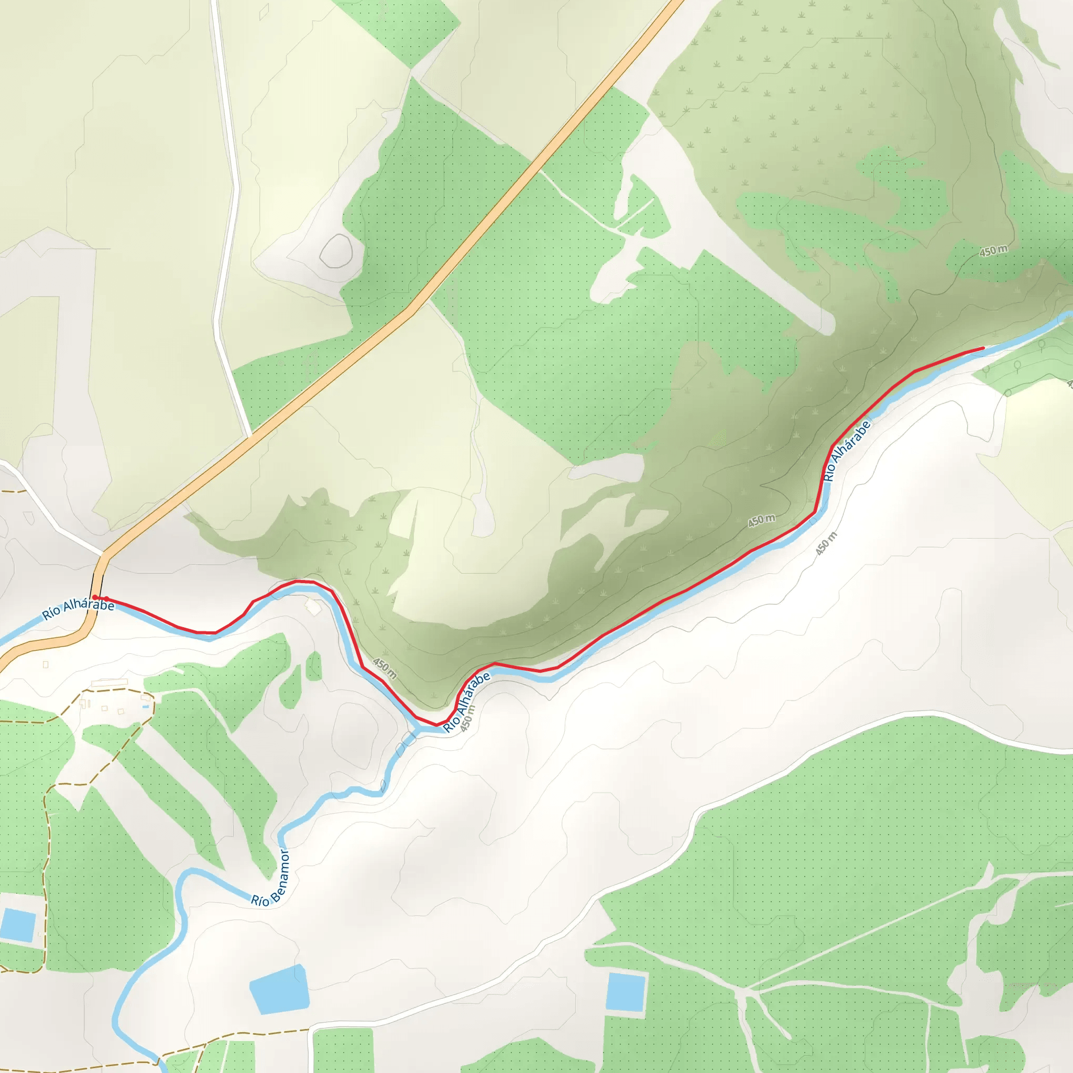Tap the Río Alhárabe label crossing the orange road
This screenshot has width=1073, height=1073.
[78, 609]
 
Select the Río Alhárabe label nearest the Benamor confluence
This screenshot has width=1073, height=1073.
[467, 702]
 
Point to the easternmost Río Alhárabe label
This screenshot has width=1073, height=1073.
[847, 452]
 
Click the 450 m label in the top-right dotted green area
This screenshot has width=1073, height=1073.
[993, 251]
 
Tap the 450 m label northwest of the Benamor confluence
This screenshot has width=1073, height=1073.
[385, 668]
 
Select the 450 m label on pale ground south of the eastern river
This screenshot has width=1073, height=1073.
[826, 543]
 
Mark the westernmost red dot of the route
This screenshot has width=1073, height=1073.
[95, 597]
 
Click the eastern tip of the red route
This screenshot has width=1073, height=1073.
[983, 348]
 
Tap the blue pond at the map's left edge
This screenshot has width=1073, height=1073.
[18, 925]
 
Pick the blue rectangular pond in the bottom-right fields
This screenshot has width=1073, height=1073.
[626, 991]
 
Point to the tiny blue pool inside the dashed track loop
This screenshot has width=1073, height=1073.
[145, 707]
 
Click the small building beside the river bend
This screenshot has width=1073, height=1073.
[314, 607]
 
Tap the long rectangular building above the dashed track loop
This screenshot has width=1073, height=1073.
[110, 682]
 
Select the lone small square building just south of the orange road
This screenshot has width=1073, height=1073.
[46, 665]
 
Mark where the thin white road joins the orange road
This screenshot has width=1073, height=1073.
[251, 435]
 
